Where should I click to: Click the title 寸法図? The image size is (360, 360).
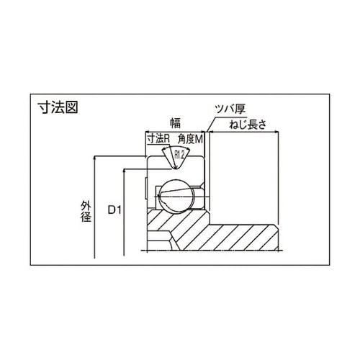(x=58, y=107)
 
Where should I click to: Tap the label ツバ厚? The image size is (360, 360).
(x=230, y=109)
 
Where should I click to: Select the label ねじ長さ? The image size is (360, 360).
(x=248, y=125)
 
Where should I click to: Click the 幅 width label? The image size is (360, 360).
(x=175, y=123)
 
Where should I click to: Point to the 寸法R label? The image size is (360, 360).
(x=158, y=139)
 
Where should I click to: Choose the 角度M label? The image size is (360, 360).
(x=190, y=139)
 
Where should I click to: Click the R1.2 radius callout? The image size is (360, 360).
(x=179, y=156)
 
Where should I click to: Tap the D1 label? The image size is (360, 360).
(x=114, y=210)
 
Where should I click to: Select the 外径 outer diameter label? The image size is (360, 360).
(x=86, y=211)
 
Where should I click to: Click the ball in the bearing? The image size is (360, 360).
(x=177, y=196)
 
